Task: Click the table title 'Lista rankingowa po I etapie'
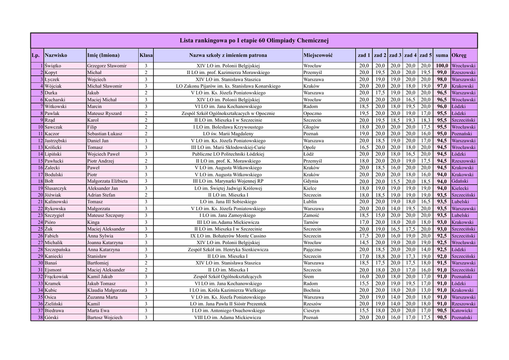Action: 254,40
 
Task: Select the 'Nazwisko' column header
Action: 56,55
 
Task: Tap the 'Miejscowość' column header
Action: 318,55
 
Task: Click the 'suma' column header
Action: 441,55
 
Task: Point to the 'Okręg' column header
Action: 459,55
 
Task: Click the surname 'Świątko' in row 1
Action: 53,66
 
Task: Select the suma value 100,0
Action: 441,66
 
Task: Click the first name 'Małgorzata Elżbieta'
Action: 107,181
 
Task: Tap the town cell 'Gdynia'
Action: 311,181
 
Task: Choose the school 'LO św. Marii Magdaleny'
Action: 228,134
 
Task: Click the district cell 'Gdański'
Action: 461,181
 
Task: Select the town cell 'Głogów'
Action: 312,127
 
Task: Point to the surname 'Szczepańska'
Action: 58,250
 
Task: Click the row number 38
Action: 40,318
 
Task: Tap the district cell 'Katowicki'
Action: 463,311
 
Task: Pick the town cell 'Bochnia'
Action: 312,290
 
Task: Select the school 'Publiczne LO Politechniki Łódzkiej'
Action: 228,154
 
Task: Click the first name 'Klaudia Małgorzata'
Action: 107,290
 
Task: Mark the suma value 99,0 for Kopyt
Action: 441,73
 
